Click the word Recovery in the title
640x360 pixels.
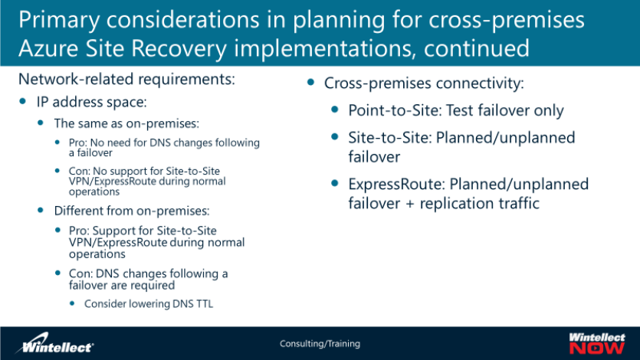[x=179, y=49]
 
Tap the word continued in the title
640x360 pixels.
[x=476, y=48]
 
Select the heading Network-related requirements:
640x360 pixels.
[x=127, y=79]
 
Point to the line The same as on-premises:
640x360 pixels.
[x=126, y=123]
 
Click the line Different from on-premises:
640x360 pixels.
[x=132, y=211]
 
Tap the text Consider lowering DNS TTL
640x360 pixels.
[x=149, y=304]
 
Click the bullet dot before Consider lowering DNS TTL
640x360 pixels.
[x=72, y=303]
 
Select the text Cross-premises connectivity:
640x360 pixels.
[x=424, y=83]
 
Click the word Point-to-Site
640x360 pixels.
[x=394, y=110]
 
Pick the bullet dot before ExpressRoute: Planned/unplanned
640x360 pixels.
[x=335, y=183]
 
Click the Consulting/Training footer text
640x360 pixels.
[x=320, y=344]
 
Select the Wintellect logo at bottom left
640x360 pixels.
[x=54, y=343]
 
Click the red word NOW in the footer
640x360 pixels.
[x=597, y=349]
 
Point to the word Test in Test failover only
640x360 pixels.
[x=460, y=110]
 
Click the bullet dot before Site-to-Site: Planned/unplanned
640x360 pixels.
[x=335, y=136]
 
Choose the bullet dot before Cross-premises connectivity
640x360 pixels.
[x=310, y=83]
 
